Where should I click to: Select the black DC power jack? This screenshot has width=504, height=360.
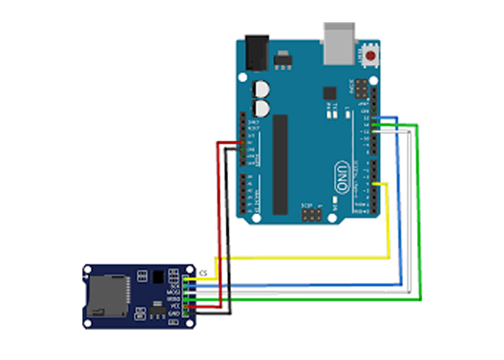coord(256,53)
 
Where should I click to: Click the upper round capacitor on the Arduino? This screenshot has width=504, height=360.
coord(261,90)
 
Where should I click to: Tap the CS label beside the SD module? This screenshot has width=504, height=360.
coord(204,274)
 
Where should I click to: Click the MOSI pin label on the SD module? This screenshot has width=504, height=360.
coord(174,292)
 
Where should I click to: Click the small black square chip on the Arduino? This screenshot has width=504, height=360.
coord(330,93)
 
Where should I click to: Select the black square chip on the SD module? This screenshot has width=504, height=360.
coord(157,276)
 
